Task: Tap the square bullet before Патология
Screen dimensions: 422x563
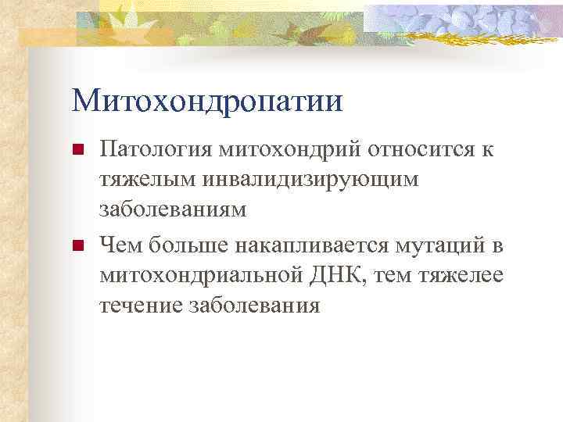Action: (77, 149)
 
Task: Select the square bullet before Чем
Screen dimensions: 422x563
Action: (77, 247)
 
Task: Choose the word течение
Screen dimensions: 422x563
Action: (141, 306)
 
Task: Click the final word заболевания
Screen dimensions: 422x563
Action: (254, 306)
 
